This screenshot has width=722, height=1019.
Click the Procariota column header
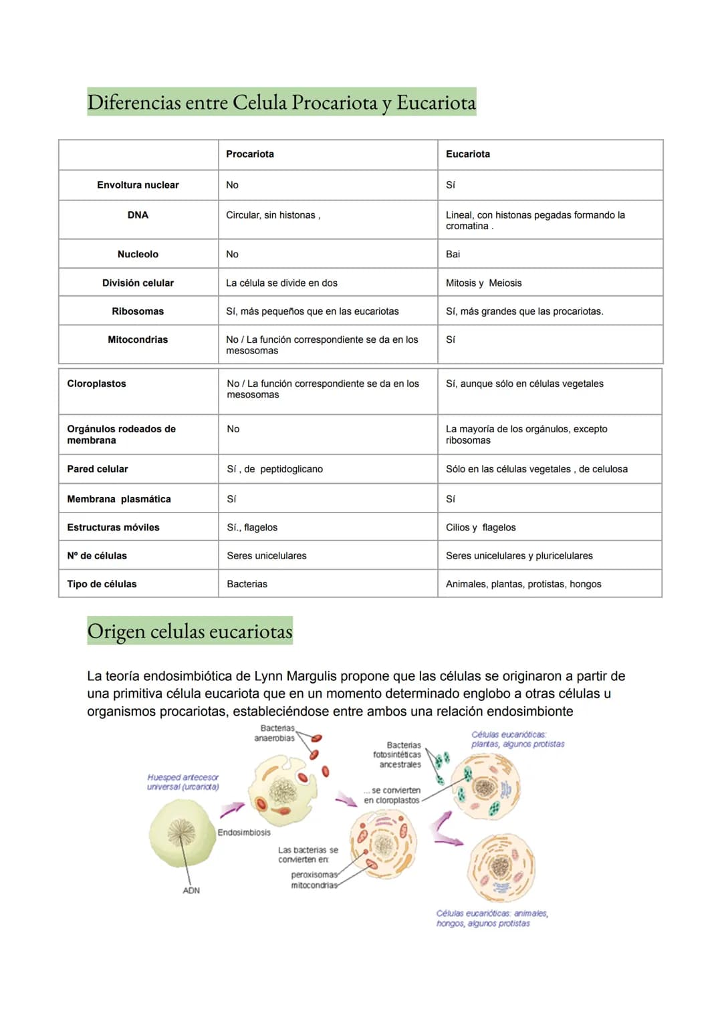(x=250, y=154)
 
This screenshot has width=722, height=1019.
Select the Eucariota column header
(x=468, y=154)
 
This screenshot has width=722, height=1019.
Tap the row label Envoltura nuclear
(x=138, y=185)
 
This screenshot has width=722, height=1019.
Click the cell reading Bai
(x=453, y=255)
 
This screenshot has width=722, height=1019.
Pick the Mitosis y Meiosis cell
(x=484, y=283)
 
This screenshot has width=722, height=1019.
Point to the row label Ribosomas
(x=138, y=311)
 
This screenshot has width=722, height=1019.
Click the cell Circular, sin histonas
(x=273, y=215)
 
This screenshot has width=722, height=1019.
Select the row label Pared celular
(x=98, y=469)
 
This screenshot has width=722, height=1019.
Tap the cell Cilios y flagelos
(x=481, y=528)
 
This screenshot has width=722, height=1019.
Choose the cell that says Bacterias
(x=247, y=584)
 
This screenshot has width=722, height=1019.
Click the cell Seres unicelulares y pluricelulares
(x=519, y=556)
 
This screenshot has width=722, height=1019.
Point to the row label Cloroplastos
(x=96, y=384)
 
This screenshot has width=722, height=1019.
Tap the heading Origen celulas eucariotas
(x=190, y=631)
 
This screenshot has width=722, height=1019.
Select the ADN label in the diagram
(x=191, y=891)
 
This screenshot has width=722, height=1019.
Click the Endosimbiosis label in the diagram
(x=244, y=833)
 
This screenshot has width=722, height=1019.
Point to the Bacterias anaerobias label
(x=275, y=733)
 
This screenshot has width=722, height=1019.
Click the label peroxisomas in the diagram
(x=314, y=875)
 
